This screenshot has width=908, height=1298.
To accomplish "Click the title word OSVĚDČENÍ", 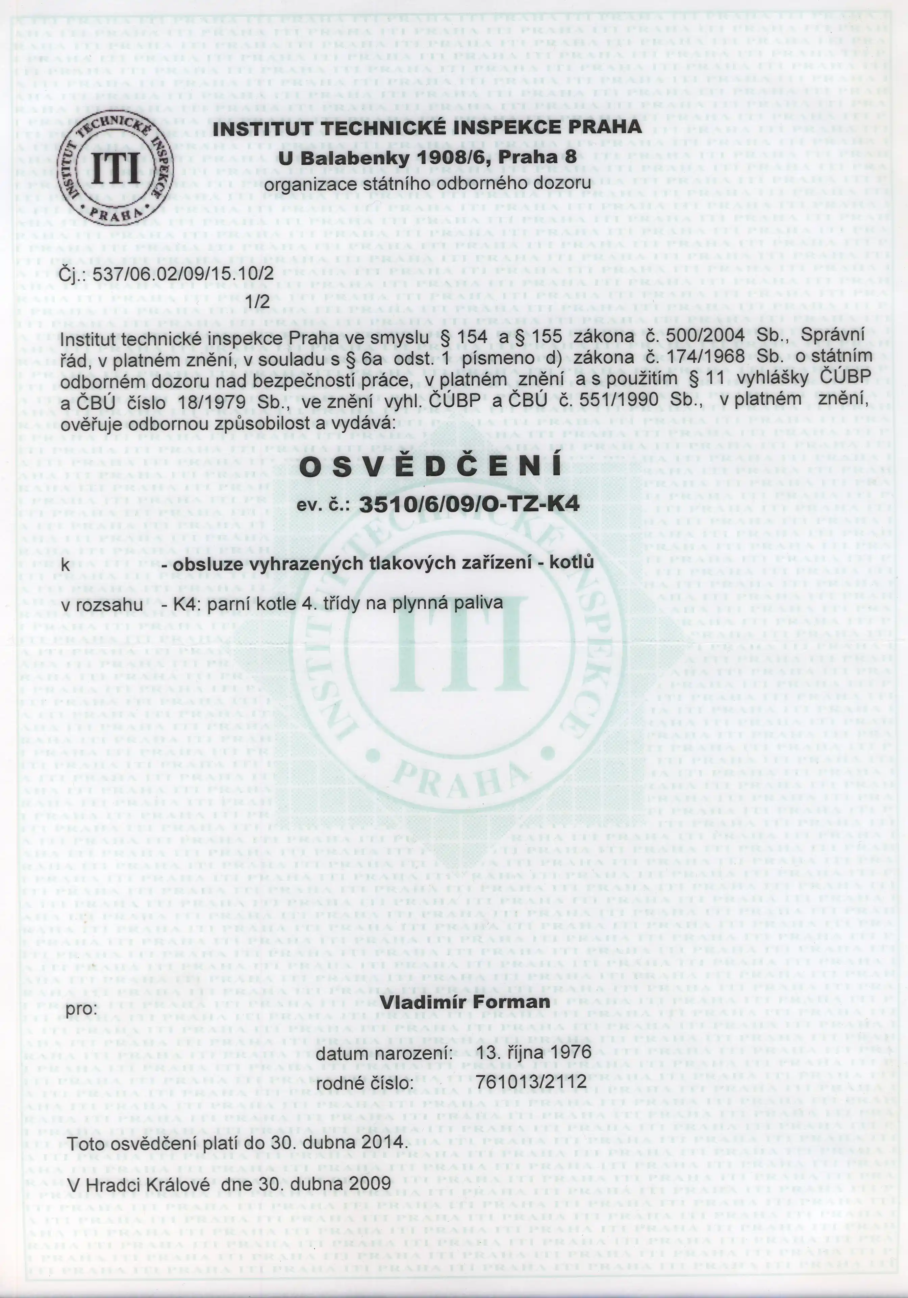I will [429, 466].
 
